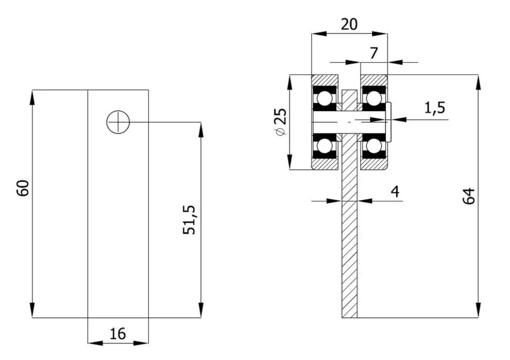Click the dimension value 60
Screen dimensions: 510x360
pyautogui.click(x=23, y=188)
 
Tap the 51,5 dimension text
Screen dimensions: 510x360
pyautogui.click(x=189, y=220)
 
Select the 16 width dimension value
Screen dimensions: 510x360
pyautogui.click(x=118, y=334)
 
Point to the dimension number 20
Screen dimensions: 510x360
pyautogui.click(x=349, y=24)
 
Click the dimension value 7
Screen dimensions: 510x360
pyautogui.click(x=374, y=53)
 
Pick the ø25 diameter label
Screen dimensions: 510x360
pyautogui.click(x=281, y=122)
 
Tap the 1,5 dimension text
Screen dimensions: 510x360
pyautogui.click(x=435, y=108)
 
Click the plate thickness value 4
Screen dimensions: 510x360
pyautogui.click(x=395, y=192)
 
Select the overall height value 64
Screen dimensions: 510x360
pyautogui.click(x=468, y=196)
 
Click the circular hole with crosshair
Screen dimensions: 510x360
pyautogui.click(x=118, y=122)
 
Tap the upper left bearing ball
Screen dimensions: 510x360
pyautogui.click(x=324, y=99)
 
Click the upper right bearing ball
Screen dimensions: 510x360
pyautogui.click(x=373, y=99)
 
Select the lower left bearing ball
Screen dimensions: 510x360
pyautogui.click(x=324, y=146)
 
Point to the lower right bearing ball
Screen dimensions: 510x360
pyautogui.click(x=373, y=146)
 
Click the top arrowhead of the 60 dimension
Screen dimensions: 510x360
pyautogui.click(x=32, y=97)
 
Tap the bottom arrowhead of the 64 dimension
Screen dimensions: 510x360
pyautogui.click(x=478, y=310)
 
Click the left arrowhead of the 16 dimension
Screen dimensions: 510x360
pyautogui.click(x=95, y=343)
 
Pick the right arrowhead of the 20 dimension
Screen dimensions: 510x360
pyautogui.click(x=380, y=34)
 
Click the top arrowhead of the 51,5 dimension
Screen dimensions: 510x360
pyautogui.click(x=201, y=130)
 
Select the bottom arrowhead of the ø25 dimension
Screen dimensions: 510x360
pyautogui.click(x=289, y=162)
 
